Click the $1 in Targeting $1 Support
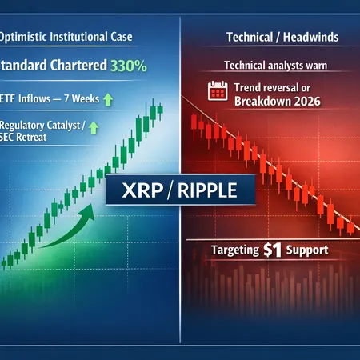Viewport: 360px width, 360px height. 273,250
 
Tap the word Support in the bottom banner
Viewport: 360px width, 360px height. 308,250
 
